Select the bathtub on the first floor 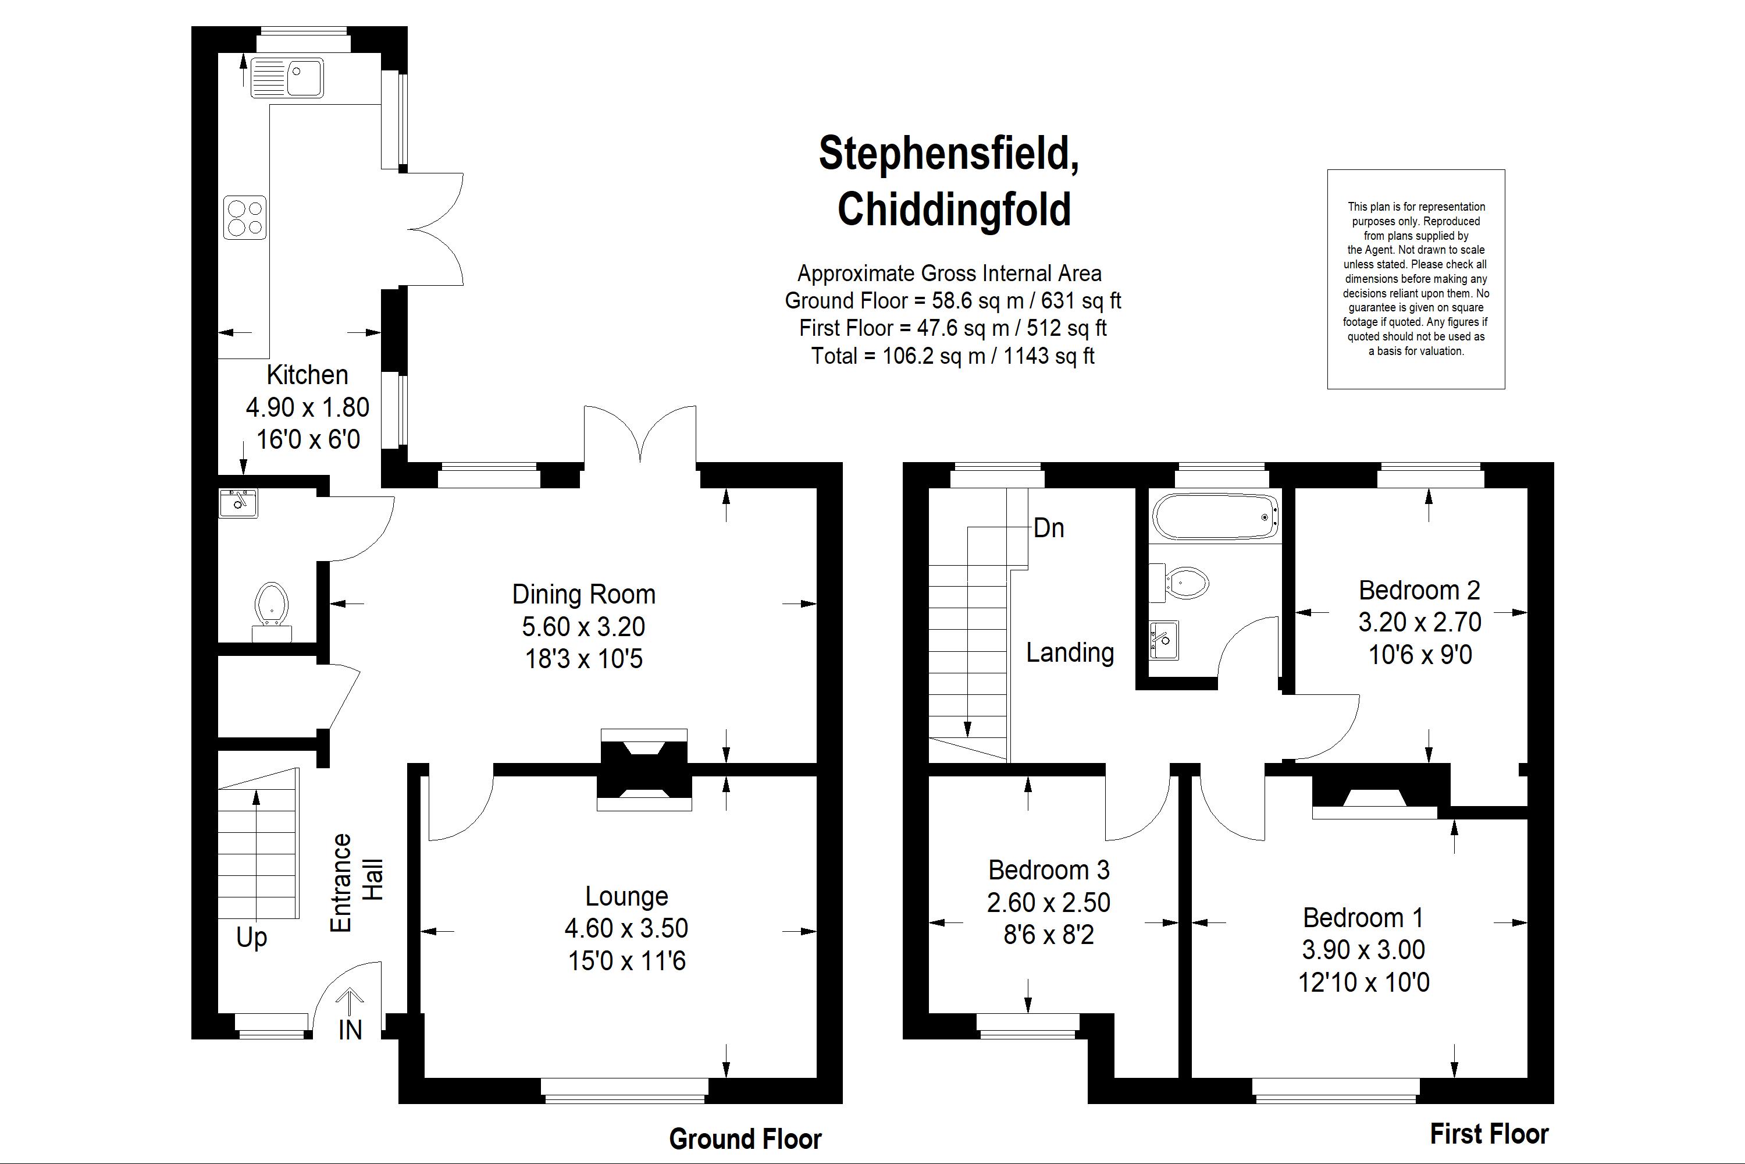click(x=1215, y=516)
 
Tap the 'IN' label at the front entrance click(x=350, y=1030)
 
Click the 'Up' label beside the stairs click(x=251, y=938)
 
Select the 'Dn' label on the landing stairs click(x=1048, y=528)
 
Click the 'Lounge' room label click(x=626, y=897)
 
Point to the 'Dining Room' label click(x=584, y=594)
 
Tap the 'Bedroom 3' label click(x=1048, y=870)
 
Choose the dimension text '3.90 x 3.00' click(x=1363, y=949)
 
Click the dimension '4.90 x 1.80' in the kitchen click(x=307, y=407)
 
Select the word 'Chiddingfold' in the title click(x=954, y=210)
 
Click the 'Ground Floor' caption click(x=746, y=1139)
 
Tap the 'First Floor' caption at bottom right click(x=1490, y=1134)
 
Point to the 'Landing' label click(x=1070, y=652)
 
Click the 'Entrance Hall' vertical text click(x=356, y=883)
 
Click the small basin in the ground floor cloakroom click(x=238, y=503)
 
